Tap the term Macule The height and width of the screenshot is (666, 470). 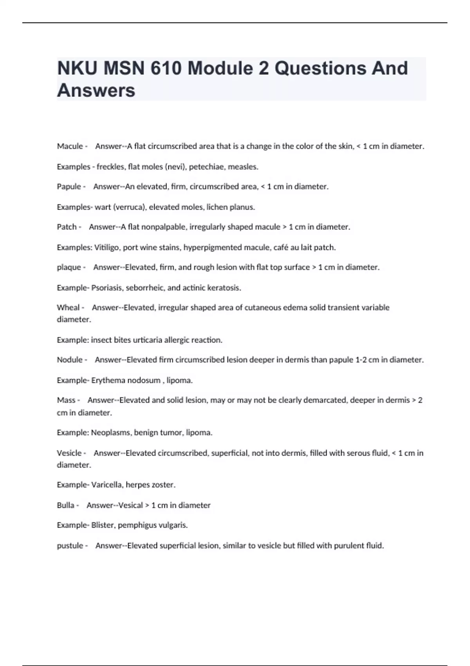click(x=70, y=146)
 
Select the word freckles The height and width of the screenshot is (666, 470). click(x=111, y=166)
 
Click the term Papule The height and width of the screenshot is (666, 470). click(x=69, y=186)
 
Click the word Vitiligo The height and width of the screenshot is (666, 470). click(x=107, y=247)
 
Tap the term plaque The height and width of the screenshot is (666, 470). click(x=69, y=267)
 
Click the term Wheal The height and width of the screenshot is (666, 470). click(x=68, y=308)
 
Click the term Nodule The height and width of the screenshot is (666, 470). click(x=70, y=360)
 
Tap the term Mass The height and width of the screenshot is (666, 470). click(x=66, y=400)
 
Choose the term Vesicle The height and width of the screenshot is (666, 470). click(x=69, y=453)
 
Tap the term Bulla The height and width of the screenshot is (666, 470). click(x=65, y=505)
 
